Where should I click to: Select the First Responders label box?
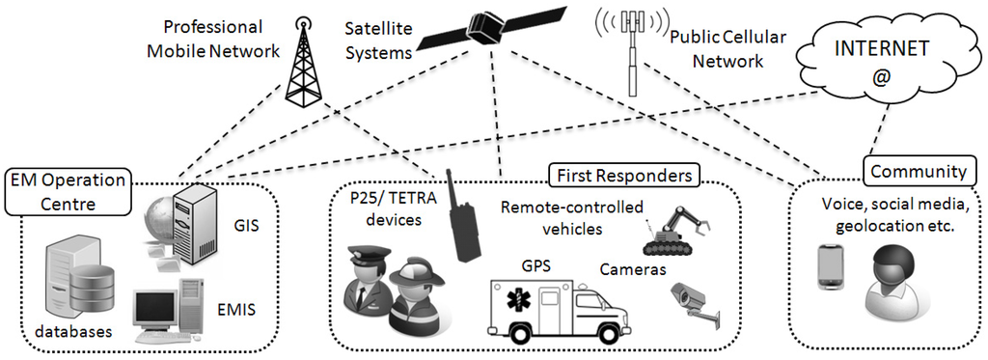tap(623, 176)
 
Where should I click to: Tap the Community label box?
tap(918, 172)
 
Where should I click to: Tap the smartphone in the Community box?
tap(831, 267)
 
